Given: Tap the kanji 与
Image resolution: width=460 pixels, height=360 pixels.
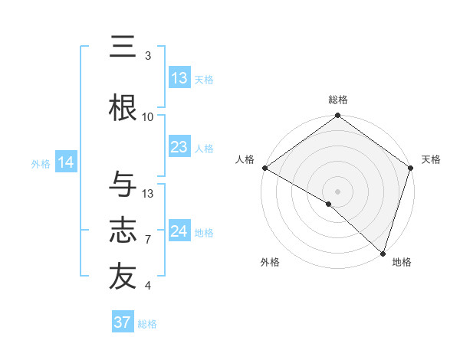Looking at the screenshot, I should (x=123, y=185).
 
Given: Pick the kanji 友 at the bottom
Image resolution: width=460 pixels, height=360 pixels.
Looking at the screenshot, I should (x=123, y=277).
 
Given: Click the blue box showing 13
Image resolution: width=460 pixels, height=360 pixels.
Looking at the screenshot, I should (x=179, y=78).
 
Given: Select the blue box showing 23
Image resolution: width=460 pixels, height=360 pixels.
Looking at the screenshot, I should (x=179, y=147).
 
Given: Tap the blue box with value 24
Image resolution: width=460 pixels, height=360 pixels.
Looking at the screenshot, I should (x=179, y=231).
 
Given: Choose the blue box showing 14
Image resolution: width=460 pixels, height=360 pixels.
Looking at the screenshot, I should (x=65, y=162).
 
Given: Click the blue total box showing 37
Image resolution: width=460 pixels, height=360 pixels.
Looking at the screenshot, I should (x=123, y=322).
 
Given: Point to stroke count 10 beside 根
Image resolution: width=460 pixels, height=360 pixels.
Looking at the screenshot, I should (x=148, y=116).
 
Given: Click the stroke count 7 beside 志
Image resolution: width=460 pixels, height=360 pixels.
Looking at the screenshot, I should (x=148, y=240).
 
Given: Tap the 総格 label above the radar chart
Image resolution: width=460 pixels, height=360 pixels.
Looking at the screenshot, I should (x=337, y=100).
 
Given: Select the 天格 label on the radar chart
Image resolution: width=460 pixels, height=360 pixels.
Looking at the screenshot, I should (x=431, y=159).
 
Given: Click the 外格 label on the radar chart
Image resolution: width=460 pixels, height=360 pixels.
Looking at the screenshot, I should (x=270, y=262).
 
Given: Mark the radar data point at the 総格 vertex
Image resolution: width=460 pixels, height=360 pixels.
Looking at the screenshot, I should (x=337, y=116).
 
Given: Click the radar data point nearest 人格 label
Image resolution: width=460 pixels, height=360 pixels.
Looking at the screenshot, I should (x=265, y=168).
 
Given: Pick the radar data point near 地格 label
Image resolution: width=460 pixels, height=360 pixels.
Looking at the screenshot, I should (x=382, y=253).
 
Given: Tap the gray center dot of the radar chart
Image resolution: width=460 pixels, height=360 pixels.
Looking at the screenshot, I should (x=337, y=191).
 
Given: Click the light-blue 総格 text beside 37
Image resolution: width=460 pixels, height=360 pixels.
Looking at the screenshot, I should (x=147, y=324).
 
